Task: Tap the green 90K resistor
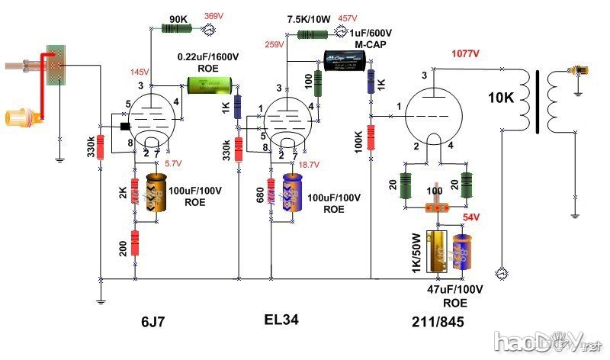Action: pos(176,29)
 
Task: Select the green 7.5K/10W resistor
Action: pos(312,34)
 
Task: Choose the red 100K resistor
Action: pos(371,137)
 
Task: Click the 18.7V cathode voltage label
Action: pos(309,165)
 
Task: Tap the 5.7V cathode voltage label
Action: pos(173,163)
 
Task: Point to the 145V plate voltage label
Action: pos(139,72)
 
